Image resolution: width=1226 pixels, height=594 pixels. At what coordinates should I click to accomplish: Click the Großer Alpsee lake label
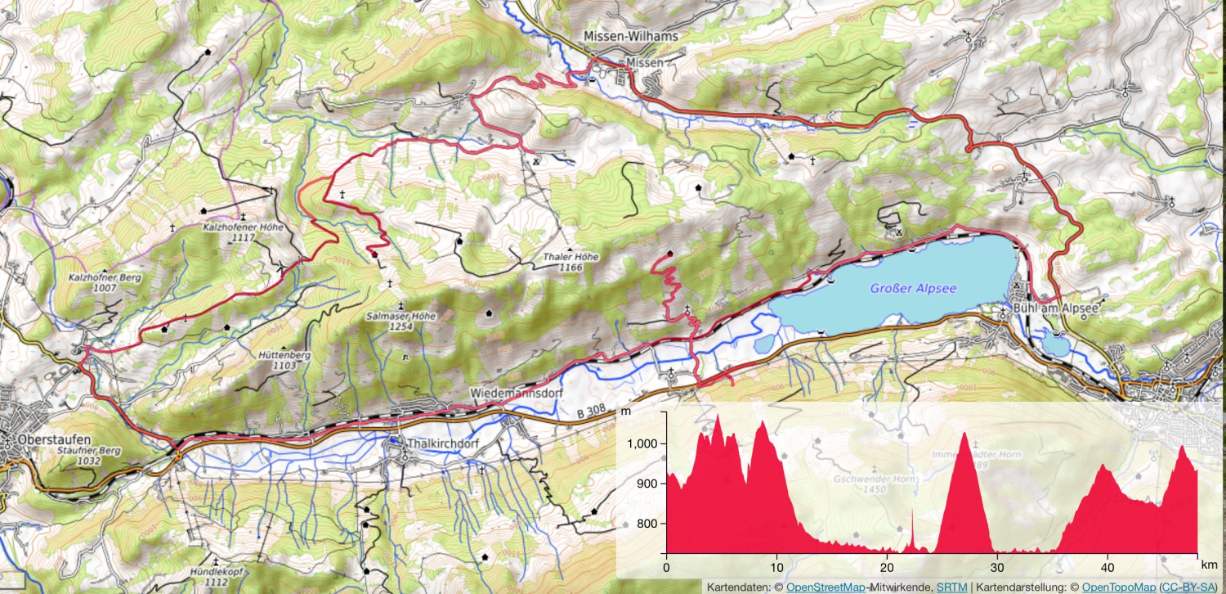[x=913, y=288]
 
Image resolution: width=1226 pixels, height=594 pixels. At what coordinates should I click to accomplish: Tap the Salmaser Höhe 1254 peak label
[x=400, y=321]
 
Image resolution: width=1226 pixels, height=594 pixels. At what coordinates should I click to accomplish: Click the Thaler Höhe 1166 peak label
[x=570, y=262]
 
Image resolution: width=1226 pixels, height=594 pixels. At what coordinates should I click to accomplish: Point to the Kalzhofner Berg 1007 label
[x=105, y=283]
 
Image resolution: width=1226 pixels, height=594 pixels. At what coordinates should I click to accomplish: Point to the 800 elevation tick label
[x=647, y=524]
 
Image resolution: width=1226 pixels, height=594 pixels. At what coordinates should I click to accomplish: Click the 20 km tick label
[x=887, y=566]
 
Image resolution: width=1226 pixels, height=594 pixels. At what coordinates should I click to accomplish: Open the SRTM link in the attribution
[x=951, y=587]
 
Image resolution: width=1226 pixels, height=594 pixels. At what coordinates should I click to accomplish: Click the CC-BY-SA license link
[x=1184, y=587]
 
